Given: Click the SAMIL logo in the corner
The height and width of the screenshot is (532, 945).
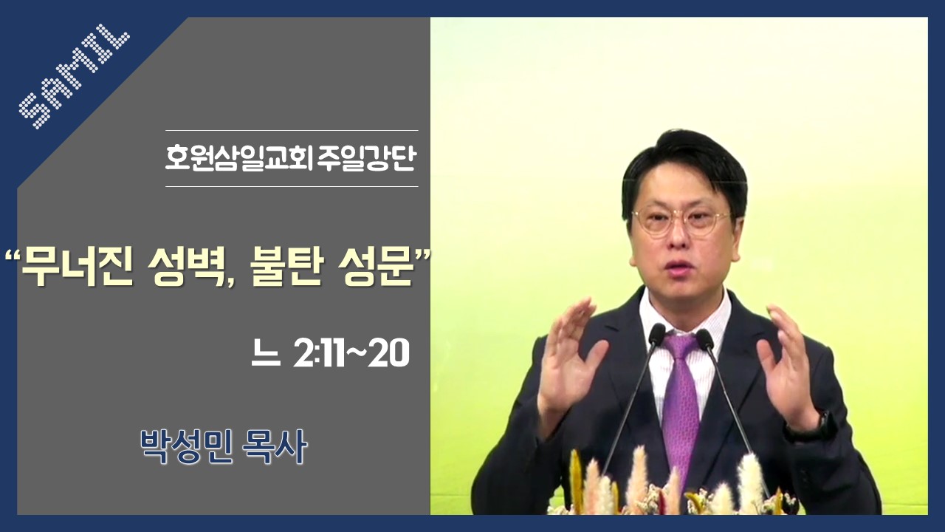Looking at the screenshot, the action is click(x=75, y=76).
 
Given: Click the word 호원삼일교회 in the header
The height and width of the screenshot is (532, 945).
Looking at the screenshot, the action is click(x=238, y=158).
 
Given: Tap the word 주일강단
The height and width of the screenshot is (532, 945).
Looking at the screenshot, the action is click(x=367, y=158).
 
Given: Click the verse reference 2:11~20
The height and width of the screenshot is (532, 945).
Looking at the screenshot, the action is click(x=351, y=353).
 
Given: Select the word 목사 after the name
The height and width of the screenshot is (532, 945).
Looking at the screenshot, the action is click(x=275, y=447).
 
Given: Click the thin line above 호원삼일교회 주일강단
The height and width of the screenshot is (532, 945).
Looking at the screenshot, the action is click(x=292, y=131).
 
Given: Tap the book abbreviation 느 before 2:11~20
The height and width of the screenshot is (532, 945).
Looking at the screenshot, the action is click(x=266, y=355).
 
